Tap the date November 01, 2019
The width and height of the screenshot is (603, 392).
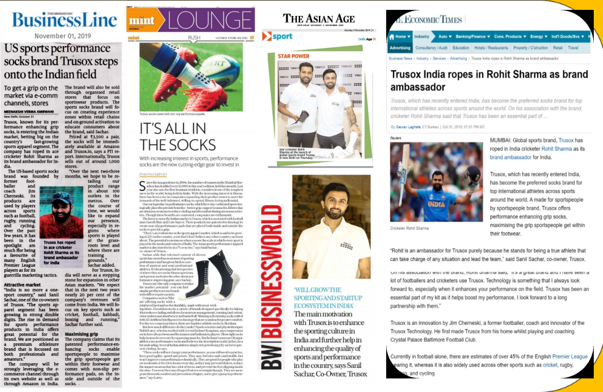click(x=63, y=35)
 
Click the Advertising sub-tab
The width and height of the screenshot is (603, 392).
click(x=400, y=47)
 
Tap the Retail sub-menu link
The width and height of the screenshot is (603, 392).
click(x=557, y=47)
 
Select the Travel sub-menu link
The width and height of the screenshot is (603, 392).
click(x=573, y=47)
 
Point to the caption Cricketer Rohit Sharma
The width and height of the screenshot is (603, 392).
click(x=409, y=211)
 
